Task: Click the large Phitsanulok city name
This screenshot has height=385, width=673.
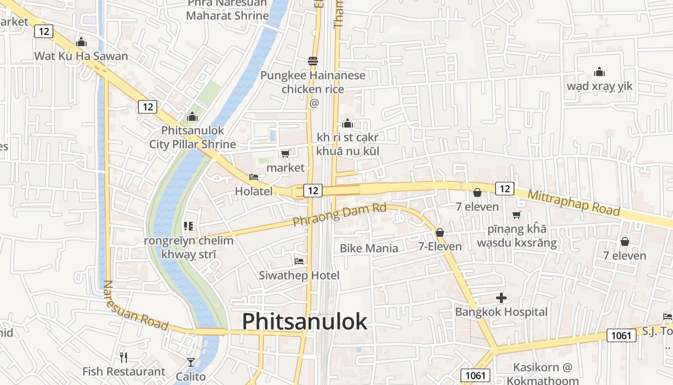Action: (x=304, y=321)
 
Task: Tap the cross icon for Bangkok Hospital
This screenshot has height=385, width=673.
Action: (x=501, y=298)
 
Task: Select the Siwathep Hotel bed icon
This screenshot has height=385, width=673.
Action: (x=299, y=261)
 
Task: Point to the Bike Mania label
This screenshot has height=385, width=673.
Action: (x=369, y=248)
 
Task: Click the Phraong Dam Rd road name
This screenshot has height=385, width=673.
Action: (x=339, y=215)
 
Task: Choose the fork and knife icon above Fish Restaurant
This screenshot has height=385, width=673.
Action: (x=124, y=357)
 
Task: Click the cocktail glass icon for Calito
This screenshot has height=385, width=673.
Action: (x=191, y=362)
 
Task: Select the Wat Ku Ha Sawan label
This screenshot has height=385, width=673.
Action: (x=81, y=56)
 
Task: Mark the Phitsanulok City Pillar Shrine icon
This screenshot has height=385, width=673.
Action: (x=192, y=116)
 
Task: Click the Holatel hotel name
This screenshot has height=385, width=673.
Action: (x=253, y=191)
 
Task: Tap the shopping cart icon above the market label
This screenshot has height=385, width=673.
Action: (x=285, y=154)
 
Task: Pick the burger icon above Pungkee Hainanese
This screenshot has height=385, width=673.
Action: (x=313, y=61)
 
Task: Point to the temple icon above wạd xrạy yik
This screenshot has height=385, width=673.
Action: (x=599, y=72)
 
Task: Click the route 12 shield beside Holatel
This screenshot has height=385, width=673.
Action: (x=313, y=191)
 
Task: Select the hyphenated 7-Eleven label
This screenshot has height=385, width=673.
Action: (x=439, y=246)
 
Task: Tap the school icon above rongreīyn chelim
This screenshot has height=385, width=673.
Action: (x=188, y=226)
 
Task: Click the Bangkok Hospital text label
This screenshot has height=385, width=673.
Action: (x=501, y=312)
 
